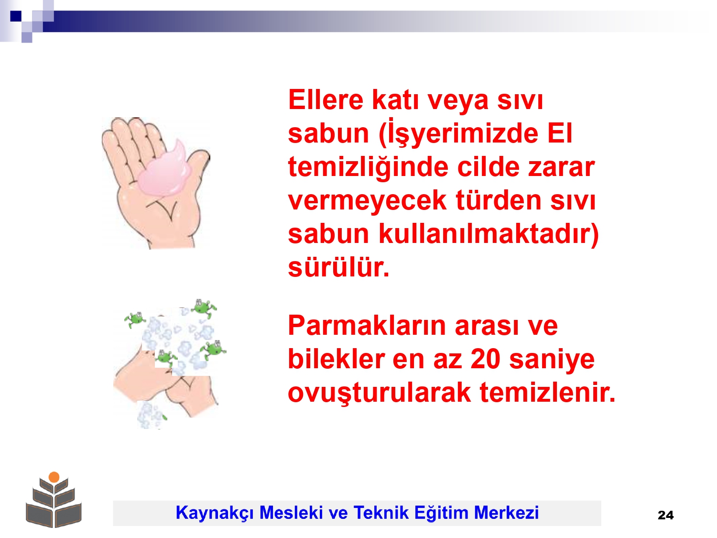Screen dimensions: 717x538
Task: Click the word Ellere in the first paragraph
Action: tap(326, 99)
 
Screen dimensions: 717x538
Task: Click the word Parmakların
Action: tap(367, 326)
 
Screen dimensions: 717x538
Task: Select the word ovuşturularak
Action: tap(379, 394)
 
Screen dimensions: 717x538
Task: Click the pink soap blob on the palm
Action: tap(165, 172)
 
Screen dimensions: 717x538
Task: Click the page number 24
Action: tap(665, 515)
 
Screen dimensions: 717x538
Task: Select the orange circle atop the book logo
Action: tap(54, 477)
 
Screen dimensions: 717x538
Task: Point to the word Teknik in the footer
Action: tap(381, 512)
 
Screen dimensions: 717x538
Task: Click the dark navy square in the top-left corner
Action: tap(16, 16)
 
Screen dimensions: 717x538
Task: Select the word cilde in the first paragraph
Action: tap(488, 166)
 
